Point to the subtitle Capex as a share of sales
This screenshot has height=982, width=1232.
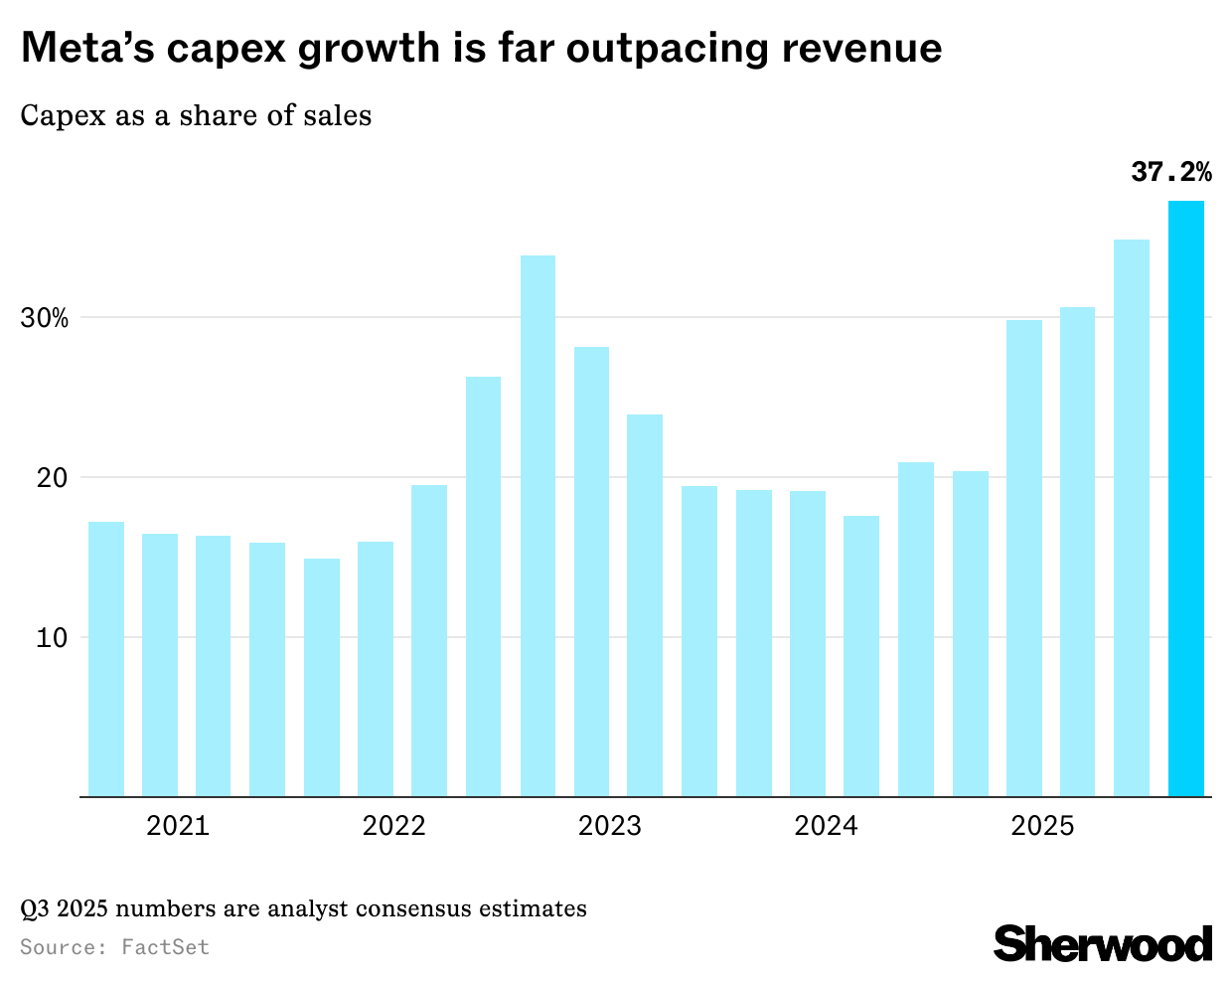196,115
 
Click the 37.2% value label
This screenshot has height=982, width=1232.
1171,172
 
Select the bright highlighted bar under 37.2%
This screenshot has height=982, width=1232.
1185,498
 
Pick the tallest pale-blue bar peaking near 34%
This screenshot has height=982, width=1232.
538,526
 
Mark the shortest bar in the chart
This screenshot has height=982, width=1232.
322,677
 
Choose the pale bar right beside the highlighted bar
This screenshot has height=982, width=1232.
1132,518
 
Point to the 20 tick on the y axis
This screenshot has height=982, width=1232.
53,478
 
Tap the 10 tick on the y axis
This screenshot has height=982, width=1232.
53,638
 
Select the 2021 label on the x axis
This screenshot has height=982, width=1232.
178,826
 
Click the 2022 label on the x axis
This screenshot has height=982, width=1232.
393,826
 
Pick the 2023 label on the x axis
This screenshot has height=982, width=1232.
610,826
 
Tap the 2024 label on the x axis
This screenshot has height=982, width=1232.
826,826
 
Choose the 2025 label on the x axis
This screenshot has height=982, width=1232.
1042,826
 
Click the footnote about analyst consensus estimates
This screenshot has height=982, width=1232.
303,908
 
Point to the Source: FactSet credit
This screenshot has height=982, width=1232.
114,947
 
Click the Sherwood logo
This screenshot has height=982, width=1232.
1103,943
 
